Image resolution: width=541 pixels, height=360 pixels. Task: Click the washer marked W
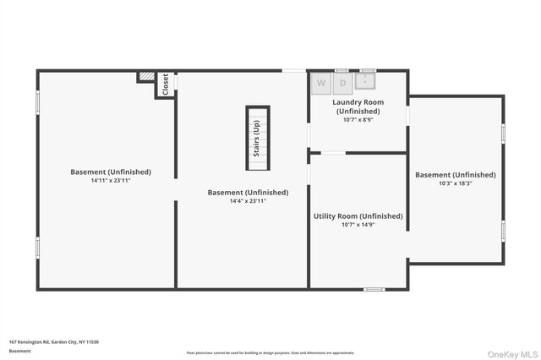[x=321, y=83]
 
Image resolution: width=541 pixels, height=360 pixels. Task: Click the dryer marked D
[x=343, y=83]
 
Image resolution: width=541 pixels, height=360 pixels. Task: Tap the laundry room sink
[x=365, y=81]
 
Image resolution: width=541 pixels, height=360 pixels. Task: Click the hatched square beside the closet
[x=147, y=77]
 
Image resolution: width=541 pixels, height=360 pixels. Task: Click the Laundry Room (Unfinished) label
[x=358, y=106]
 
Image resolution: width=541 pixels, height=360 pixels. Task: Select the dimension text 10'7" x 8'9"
[x=358, y=120]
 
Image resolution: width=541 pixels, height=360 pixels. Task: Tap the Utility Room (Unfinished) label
[x=358, y=216]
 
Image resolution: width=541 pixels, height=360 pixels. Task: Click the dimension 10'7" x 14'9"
[x=358, y=225]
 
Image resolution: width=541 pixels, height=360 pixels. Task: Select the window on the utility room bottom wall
[x=374, y=289]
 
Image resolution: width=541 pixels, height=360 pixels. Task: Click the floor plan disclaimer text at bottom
[x=270, y=353]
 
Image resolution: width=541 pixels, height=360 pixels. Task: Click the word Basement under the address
[x=19, y=351]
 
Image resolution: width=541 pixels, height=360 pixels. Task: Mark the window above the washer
[x=342, y=70]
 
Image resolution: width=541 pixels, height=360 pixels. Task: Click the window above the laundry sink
[x=367, y=70]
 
